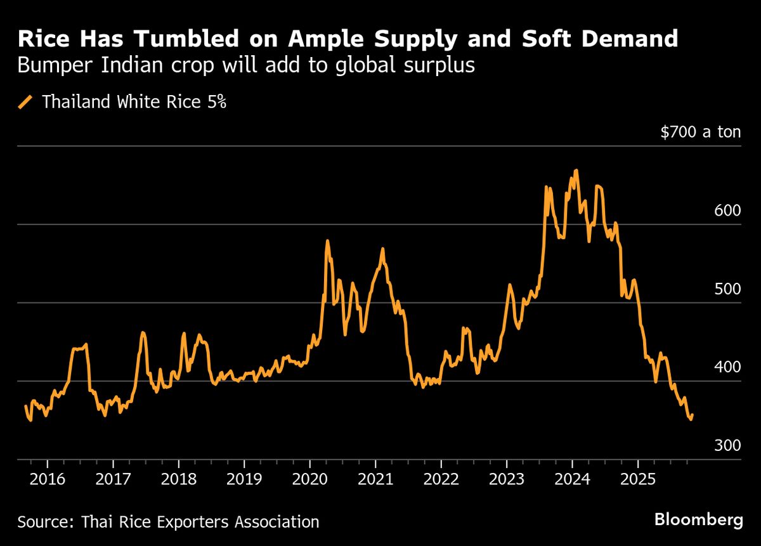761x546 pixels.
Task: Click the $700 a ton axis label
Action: coord(700,133)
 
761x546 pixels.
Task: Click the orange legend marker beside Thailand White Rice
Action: coord(26,102)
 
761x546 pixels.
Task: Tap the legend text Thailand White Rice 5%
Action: coord(134,102)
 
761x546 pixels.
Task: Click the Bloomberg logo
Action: coord(698,521)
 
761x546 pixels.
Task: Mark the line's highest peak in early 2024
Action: coord(576,170)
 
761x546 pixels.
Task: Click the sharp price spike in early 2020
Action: coord(327,241)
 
